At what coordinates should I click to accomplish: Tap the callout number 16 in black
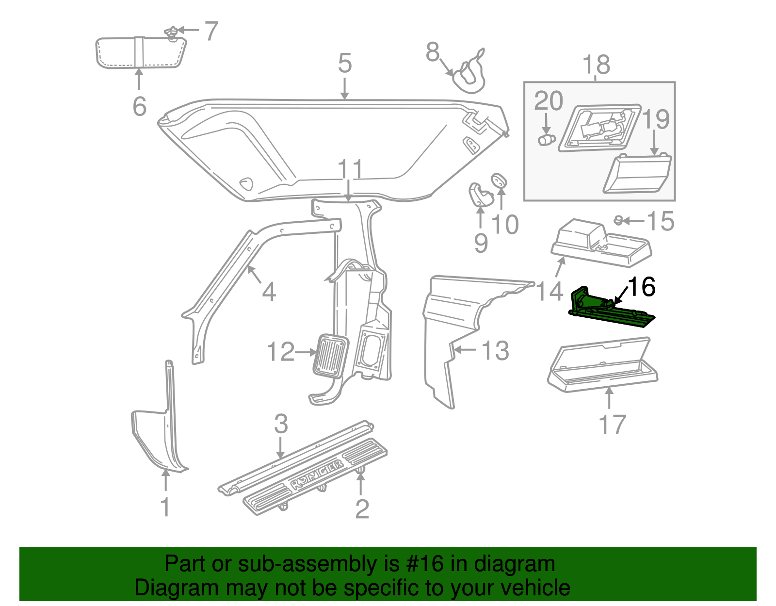pos(642,287)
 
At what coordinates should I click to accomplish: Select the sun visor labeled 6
pos(140,52)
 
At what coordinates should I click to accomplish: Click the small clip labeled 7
pos(172,33)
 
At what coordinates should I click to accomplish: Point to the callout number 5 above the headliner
pos(344,64)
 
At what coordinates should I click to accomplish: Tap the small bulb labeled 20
pos(546,140)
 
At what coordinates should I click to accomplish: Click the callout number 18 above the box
pos(596,65)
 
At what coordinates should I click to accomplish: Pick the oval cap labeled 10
pos(499,181)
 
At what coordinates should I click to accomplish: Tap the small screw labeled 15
pos(618,221)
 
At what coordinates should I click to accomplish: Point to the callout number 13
pos(495,350)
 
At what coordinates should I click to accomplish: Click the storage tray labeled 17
pos(603,369)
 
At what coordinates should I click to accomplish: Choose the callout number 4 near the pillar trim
pos(269,292)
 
